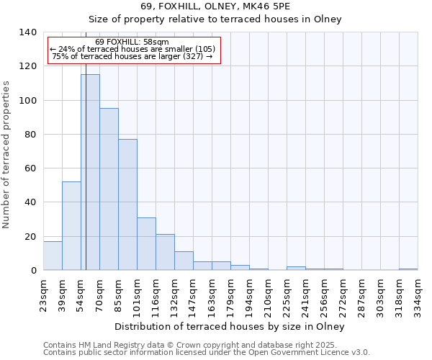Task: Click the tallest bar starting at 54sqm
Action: (x=90, y=173)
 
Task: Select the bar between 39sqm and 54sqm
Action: (x=71, y=226)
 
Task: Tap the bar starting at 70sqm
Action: (x=109, y=189)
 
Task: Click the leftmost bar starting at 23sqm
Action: (x=53, y=256)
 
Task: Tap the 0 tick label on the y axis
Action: (x=33, y=271)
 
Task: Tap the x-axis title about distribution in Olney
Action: (x=230, y=326)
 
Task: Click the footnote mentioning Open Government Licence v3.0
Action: (x=206, y=353)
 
